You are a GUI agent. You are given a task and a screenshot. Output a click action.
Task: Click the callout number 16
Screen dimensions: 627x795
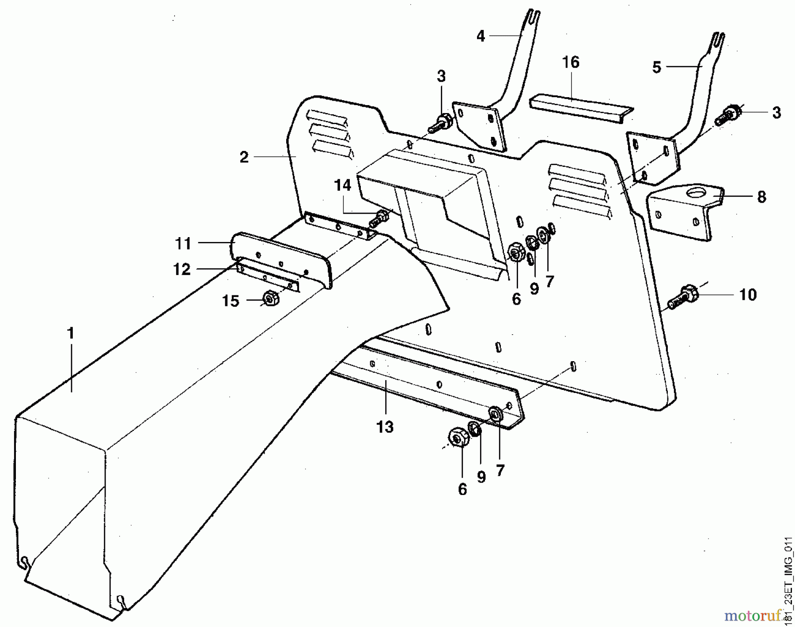pos(571,62)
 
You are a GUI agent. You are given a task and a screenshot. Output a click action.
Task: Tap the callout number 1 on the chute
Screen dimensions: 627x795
pos(71,334)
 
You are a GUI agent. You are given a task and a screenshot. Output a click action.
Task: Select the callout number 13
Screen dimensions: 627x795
pos(385,427)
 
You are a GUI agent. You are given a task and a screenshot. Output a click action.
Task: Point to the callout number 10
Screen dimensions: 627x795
pos(748,295)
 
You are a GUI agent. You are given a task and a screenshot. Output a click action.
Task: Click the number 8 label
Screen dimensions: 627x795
pos(761,197)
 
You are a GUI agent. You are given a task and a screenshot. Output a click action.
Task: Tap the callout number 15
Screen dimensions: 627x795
pos(231,301)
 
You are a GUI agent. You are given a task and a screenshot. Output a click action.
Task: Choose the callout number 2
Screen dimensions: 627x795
pos(244,157)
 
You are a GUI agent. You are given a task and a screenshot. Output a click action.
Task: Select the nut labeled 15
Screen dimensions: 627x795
pos(269,299)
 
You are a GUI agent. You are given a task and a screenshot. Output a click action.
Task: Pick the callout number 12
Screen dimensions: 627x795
pos(182,269)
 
